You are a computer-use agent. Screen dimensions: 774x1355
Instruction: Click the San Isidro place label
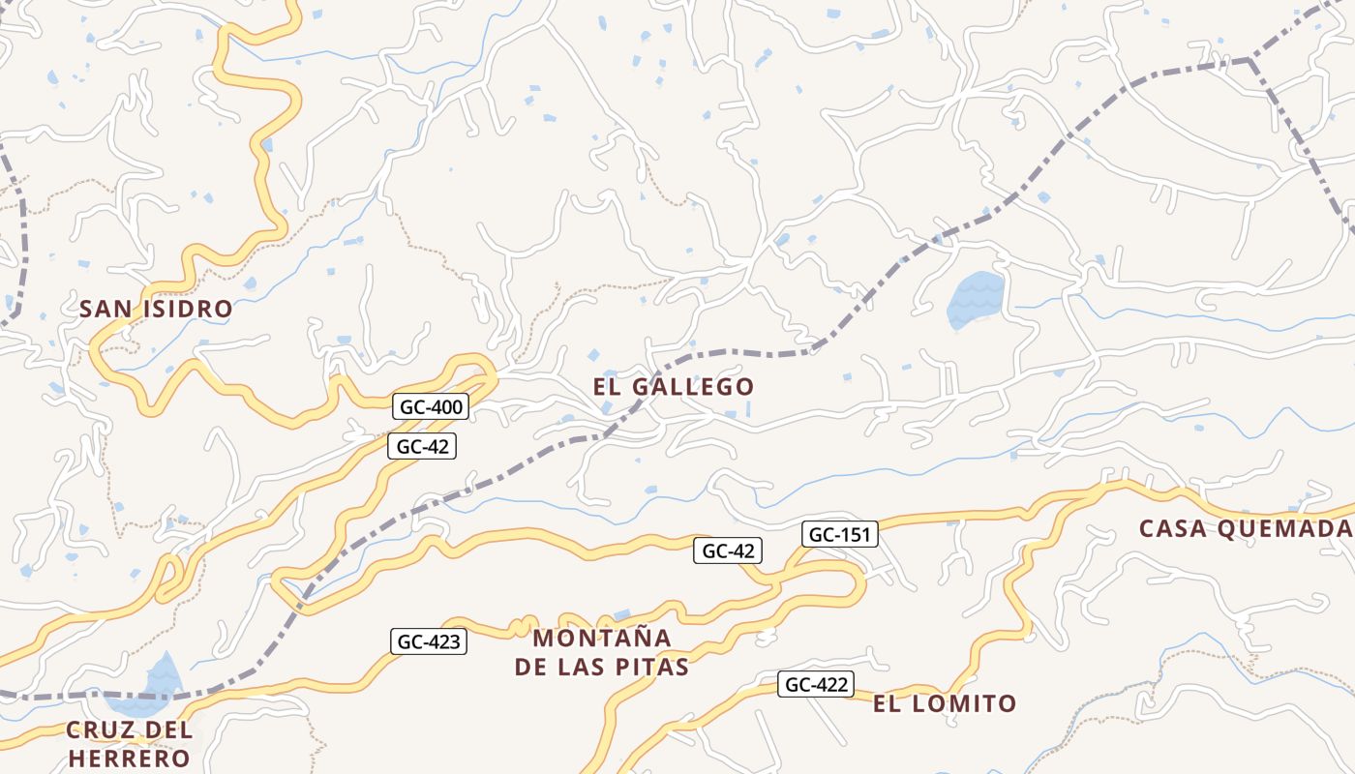point(156,310)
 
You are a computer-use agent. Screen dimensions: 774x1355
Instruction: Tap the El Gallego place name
point(674,387)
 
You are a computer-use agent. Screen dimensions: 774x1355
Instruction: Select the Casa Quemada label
point(1245,529)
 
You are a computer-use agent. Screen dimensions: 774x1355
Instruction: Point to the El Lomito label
point(945,703)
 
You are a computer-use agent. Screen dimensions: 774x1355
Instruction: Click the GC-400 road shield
point(432,407)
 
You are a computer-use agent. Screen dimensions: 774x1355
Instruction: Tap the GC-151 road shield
point(840,534)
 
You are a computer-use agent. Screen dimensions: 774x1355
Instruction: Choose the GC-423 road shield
point(429,640)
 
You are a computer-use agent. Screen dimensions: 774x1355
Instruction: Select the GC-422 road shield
point(817,685)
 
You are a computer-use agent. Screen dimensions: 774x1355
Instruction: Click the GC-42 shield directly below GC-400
point(421,446)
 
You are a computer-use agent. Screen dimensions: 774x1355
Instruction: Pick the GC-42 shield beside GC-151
point(728,551)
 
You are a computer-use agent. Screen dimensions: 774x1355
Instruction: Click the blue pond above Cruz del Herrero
point(164,675)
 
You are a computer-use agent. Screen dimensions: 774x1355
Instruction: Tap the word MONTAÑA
point(602,639)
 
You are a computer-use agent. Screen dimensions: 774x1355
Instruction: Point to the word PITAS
point(653,668)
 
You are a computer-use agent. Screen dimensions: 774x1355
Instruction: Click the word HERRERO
point(129,758)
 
